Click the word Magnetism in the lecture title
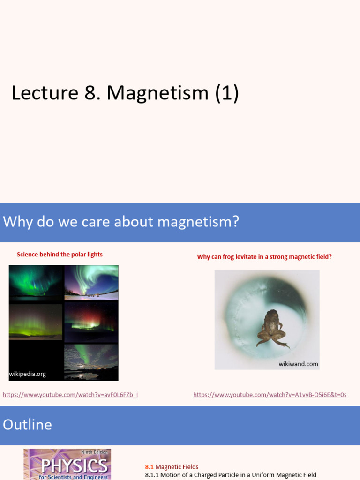(157, 93)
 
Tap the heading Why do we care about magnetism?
(121, 222)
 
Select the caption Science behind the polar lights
(60, 255)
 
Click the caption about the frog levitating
(264, 257)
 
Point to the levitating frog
(271, 328)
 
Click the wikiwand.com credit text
(298, 364)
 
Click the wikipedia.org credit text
(28, 374)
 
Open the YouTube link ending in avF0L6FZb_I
(70, 395)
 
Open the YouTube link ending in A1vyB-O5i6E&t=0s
(270, 395)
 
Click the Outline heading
(27, 425)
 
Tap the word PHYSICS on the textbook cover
(67, 465)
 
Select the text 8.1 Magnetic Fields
(172, 467)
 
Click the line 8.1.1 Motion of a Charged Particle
(231, 475)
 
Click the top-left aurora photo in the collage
(36, 283)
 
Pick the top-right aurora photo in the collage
(91, 282)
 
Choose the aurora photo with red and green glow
(91, 322)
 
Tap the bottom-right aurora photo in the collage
(91, 361)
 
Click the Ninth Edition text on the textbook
(94, 452)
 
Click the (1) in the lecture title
(227, 93)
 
